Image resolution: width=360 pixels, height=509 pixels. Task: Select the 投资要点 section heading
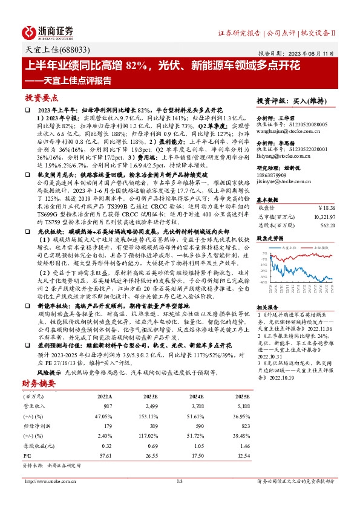coord(42,97)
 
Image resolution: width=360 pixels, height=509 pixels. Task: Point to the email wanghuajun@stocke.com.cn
coord(284,128)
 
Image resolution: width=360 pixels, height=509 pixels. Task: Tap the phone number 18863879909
coord(273,174)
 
